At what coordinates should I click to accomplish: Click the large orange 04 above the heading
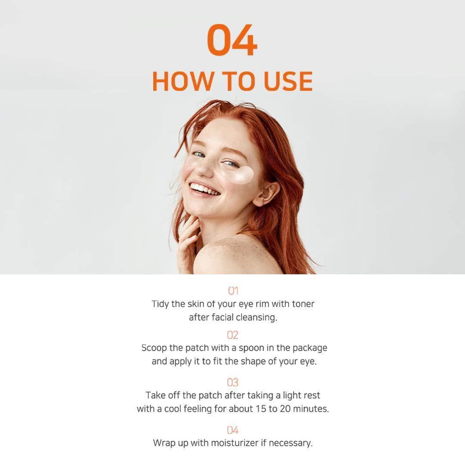point(232,40)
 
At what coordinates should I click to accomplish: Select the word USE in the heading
point(288,81)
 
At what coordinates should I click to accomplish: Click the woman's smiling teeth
point(205,190)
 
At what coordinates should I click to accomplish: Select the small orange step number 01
point(233,291)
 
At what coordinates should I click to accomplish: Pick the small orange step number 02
point(233,335)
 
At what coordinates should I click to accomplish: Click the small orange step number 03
point(233,383)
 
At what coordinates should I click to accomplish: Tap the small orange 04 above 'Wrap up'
point(233,430)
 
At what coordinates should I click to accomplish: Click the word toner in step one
point(303,304)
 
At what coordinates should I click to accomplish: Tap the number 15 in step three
point(261,409)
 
